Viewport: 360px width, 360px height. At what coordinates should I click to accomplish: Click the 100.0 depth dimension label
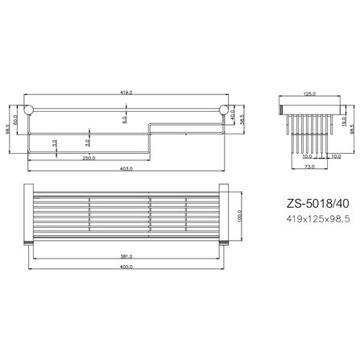tap(238, 217)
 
